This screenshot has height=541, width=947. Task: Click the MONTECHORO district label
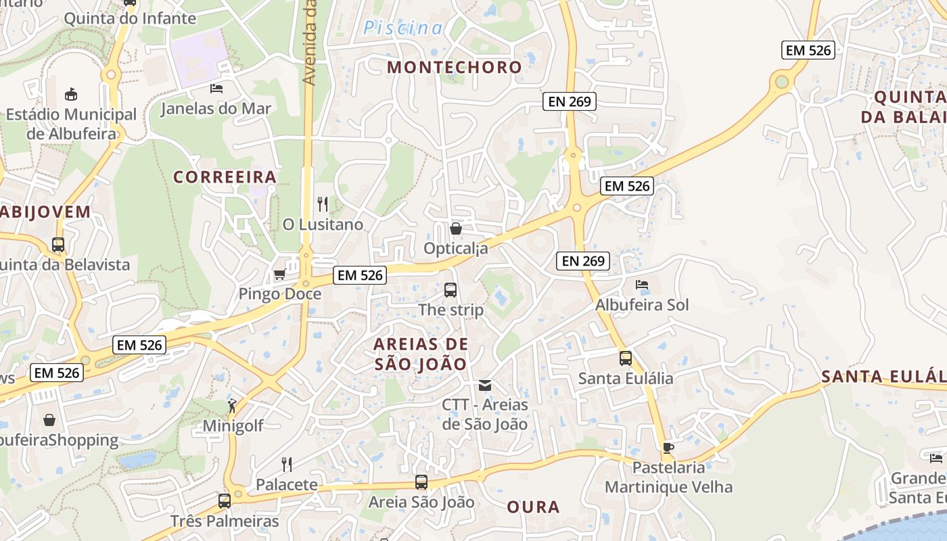455,67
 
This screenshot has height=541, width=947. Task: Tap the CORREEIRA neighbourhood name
225,177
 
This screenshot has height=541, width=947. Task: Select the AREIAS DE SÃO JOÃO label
420,354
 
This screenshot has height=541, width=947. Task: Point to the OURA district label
533,507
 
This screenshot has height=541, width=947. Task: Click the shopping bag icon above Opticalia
456,229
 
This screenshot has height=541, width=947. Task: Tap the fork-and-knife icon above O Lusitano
323,204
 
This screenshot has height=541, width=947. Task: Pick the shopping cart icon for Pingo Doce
279,274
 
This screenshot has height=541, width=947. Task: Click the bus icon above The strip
451,290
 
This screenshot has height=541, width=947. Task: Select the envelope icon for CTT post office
485,385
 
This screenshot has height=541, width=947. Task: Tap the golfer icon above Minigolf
233,406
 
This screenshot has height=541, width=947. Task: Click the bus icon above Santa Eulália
626,358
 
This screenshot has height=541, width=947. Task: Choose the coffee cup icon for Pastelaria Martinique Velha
668,448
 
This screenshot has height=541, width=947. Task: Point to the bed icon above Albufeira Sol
642,285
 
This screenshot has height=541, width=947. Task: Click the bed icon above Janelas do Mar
216,89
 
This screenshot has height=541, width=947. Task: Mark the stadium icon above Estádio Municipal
71,94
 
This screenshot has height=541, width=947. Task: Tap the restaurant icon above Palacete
287,464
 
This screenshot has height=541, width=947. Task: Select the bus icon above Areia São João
421,482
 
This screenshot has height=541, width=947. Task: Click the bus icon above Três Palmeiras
225,501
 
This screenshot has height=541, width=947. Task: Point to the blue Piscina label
403,28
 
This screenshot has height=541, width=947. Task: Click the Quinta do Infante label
130,18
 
